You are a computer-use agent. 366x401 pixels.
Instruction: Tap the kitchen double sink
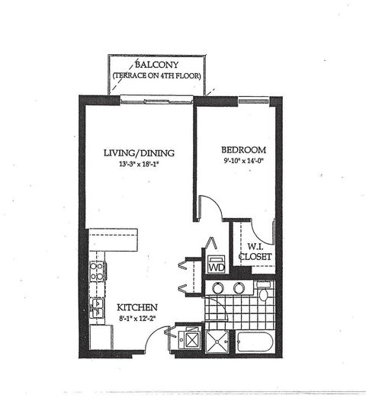tap(98, 307)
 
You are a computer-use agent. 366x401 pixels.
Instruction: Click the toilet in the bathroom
tap(263, 294)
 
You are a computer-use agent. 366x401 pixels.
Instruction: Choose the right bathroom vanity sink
tap(239, 288)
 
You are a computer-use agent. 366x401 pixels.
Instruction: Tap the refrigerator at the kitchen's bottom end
tap(100, 335)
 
